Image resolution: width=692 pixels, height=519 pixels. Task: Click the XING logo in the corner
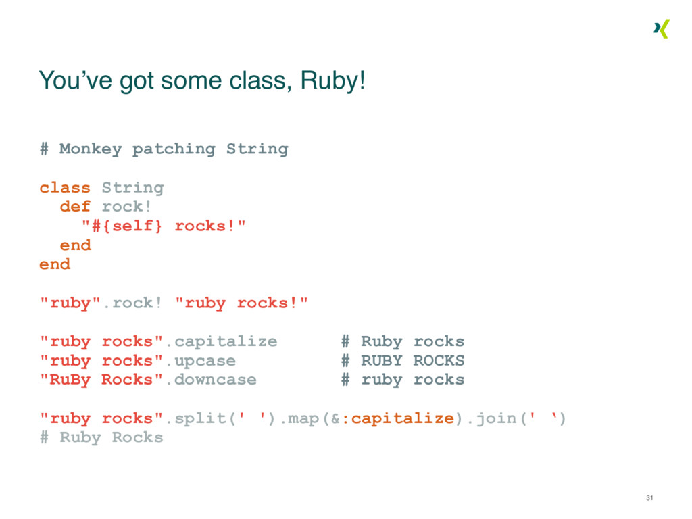click(661, 29)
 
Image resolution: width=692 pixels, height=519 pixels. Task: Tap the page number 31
click(649, 498)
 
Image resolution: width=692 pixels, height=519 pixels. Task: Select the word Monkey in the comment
click(91, 149)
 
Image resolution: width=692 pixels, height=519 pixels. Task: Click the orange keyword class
click(64, 187)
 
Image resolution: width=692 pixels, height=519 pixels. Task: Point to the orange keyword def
click(75, 206)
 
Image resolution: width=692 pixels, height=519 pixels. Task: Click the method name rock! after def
click(127, 206)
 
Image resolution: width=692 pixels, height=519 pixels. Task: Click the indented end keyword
click(75, 245)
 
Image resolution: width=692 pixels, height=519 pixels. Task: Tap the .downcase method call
click(210, 380)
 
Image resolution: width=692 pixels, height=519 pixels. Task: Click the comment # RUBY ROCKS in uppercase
click(403, 361)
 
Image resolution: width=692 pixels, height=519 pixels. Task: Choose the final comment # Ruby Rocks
click(101, 437)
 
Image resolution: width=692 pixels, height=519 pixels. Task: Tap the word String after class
click(132, 187)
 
